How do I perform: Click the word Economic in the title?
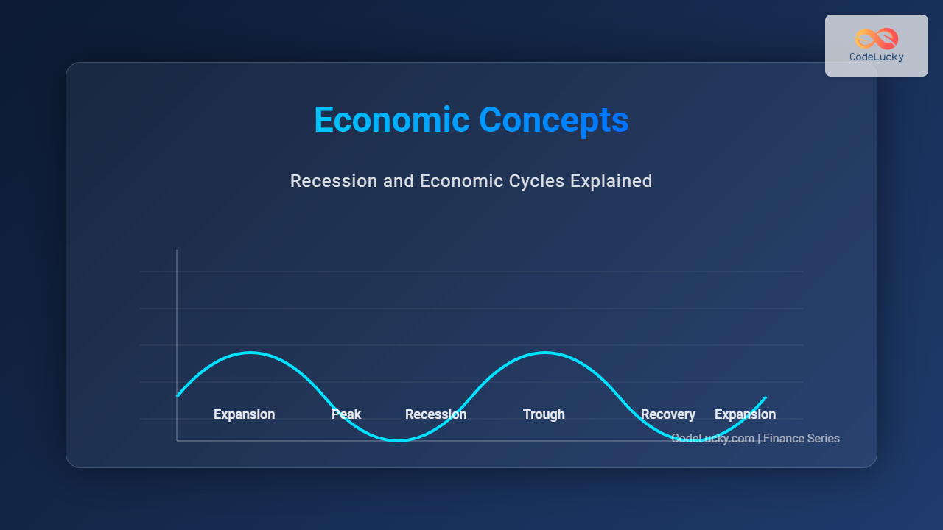pyautogui.click(x=391, y=120)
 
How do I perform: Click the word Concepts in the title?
pyautogui.click(x=553, y=121)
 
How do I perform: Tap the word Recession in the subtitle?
pyautogui.click(x=334, y=181)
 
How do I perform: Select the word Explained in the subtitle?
pyautogui.click(x=611, y=181)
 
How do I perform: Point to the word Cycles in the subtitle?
pyautogui.click(x=536, y=182)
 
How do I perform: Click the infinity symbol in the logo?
pyautogui.click(x=877, y=39)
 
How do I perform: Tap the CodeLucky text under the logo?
pyautogui.click(x=877, y=57)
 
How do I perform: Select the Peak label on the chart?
pyautogui.click(x=346, y=414)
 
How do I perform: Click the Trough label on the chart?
pyautogui.click(x=544, y=414)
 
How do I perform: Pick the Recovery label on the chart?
pyautogui.click(x=668, y=414)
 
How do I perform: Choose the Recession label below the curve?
pyautogui.click(x=435, y=414)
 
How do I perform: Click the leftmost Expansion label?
pyautogui.click(x=244, y=414)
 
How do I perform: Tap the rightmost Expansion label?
pyautogui.click(x=745, y=414)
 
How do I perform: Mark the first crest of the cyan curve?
pyautogui.click(x=250, y=353)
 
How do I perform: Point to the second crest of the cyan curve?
pyautogui.click(x=545, y=353)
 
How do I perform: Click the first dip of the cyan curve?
pyautogui.click(x=398, y=440)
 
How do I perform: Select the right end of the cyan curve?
pyautogui.click(x=765, y=397)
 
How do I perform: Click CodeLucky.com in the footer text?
pyautogui.click(x=712, y=438)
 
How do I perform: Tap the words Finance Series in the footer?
pyautogui.click(x=802, y=438)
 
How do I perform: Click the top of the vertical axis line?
pyautogui.click(x=177, y=250)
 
